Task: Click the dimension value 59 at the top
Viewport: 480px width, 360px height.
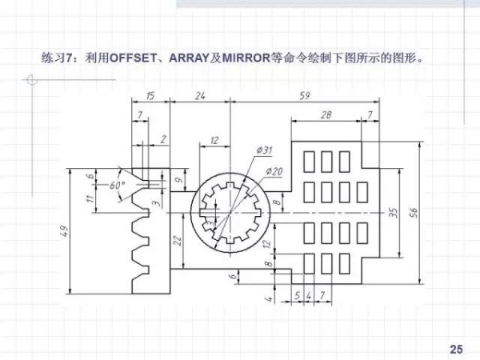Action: pos(305,96)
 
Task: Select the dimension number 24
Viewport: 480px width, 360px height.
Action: pos(200,96)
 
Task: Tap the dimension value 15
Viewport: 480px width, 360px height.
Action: pos(150,96)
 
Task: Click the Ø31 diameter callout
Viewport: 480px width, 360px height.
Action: pos(265,150)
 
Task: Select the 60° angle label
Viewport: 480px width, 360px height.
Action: pos(118,185)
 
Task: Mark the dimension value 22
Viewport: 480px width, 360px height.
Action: pos(178,240)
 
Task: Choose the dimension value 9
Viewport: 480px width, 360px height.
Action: pos(177,181)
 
